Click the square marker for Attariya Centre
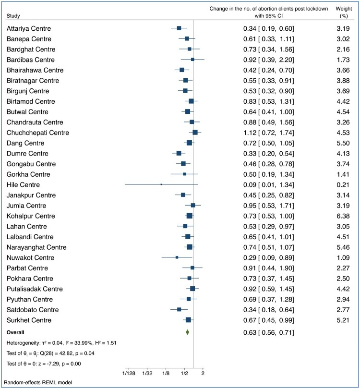[x=179, y=28]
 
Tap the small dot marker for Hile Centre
[x=161, y=184]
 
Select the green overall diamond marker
[x=187, y=332]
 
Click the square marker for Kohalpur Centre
[x=190, y=216]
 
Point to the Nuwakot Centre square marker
[x=177, y=257]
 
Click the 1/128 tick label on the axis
[x=129, y=373]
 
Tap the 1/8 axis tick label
[x=166, y=373]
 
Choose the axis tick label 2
[x=203, y=373]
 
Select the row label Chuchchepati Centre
[x=38, y=133]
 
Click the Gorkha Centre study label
[x=28, y=174]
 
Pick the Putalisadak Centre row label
[x=35, y=289]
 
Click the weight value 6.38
[x=343, y=216]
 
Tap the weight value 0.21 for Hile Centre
[x=343, y=185]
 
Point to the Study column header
[x=13, y=16]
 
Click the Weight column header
[x=344, y=12]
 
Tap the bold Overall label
[x=15, y=332]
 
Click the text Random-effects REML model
[x=38, y=383]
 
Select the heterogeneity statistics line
[x=61, y=343]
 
